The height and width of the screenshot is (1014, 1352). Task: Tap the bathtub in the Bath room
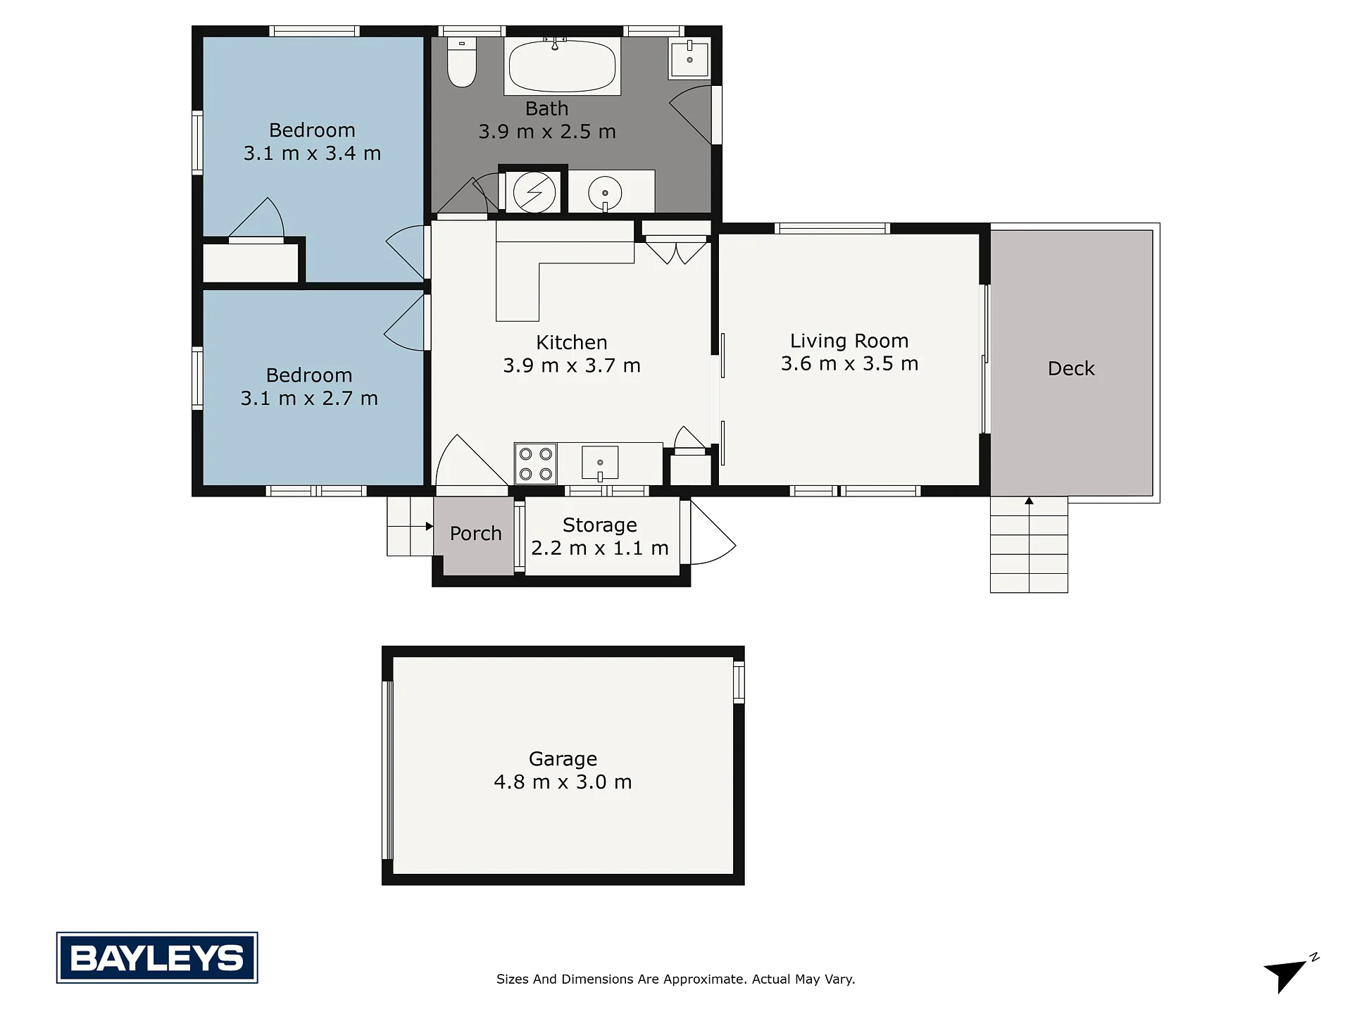pos(562,65)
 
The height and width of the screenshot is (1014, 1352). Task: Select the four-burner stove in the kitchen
pos(536,463)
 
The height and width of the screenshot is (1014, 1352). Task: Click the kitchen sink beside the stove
pos(600,463)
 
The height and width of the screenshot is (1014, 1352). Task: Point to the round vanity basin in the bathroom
pos(605,192)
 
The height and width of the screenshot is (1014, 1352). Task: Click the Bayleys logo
pos(157,958)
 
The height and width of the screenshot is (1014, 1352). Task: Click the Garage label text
pos(563,759)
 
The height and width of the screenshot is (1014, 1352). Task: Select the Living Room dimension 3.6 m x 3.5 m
pos(849,363)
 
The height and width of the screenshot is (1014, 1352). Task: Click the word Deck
pos(1071,368)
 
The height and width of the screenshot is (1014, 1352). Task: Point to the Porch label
pos(476,534)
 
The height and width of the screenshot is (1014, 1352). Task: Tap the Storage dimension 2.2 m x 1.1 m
pos(600,548)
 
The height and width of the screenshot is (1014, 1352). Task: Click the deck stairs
pos(1029,544)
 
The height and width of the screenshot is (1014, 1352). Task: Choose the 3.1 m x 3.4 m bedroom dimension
pos(312,153)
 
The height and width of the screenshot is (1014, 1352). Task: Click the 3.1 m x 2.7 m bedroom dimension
pos(309,399)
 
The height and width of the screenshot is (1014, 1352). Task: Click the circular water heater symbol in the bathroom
pos(534,192)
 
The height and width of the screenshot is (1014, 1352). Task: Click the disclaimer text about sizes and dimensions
pos(676,979)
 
